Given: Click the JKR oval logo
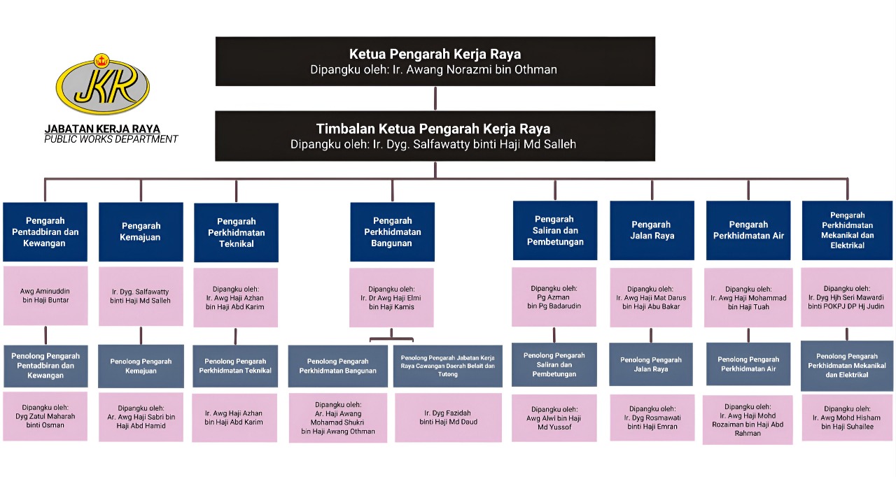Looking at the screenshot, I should tap(102, 86).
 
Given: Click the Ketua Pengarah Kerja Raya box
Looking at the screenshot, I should tap(435, 62).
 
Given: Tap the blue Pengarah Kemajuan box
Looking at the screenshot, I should tap(141, 232).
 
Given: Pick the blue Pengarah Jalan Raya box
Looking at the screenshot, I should tap(652, 230).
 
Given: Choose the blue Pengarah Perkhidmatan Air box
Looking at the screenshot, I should tap(748, 230).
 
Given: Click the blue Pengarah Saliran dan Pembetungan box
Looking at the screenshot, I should tap(555, 230).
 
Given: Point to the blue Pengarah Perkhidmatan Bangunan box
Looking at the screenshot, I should tap(392, 232).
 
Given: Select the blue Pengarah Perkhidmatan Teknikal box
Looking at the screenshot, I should tap(236, 232).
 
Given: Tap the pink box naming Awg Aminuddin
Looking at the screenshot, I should tap(45, 295).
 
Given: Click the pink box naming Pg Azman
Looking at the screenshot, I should tap(554, 297).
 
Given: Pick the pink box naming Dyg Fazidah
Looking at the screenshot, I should tap(448, 417).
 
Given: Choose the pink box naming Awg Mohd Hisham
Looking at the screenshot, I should tap(847, 418).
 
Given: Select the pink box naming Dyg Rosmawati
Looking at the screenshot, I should tap(652, 418).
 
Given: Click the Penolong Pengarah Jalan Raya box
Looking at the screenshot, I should tap(651, 364).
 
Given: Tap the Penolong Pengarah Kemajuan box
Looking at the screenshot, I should tap(141, 366).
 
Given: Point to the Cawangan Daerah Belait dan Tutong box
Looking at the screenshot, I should tap(448, 366).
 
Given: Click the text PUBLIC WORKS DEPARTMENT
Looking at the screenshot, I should tap(111, 139).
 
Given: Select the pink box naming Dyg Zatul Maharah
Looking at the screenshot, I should tap(45, 416).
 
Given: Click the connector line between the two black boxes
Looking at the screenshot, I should tap(435, 99).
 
